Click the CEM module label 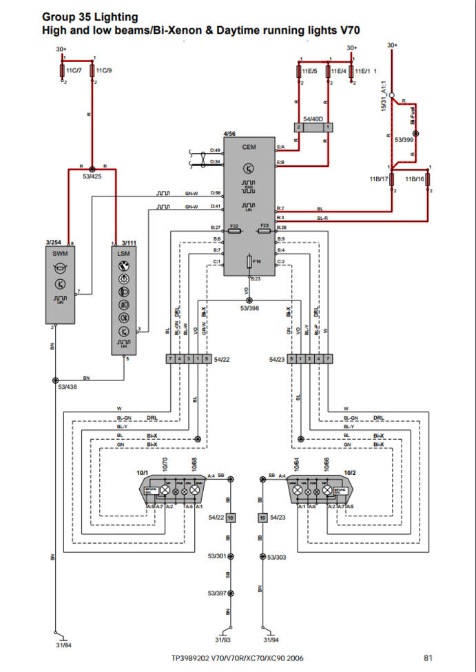pyautogui.click(x=249, y=147)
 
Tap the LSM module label pyautogui.click(x=124, y=254)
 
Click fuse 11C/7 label pyautogui.click(x=74, y=70)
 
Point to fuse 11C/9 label pyautogui.click(x=104, y=70)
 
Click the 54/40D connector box pyautogui.click(x=313, y=128)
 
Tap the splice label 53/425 pyautogui.click(x=92, y=176)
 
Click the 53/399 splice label pyautogui.click(x=404, y=139)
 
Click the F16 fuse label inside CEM pyautogui.click(x=257, y=261)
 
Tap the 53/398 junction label pyautogui.click(x=249, y=308)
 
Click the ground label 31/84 pyautogui.click(x=63, y=645)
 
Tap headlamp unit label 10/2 pyautogui.click(x=350, y=473)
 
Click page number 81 pyautogui.click(x=428, y=658)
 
